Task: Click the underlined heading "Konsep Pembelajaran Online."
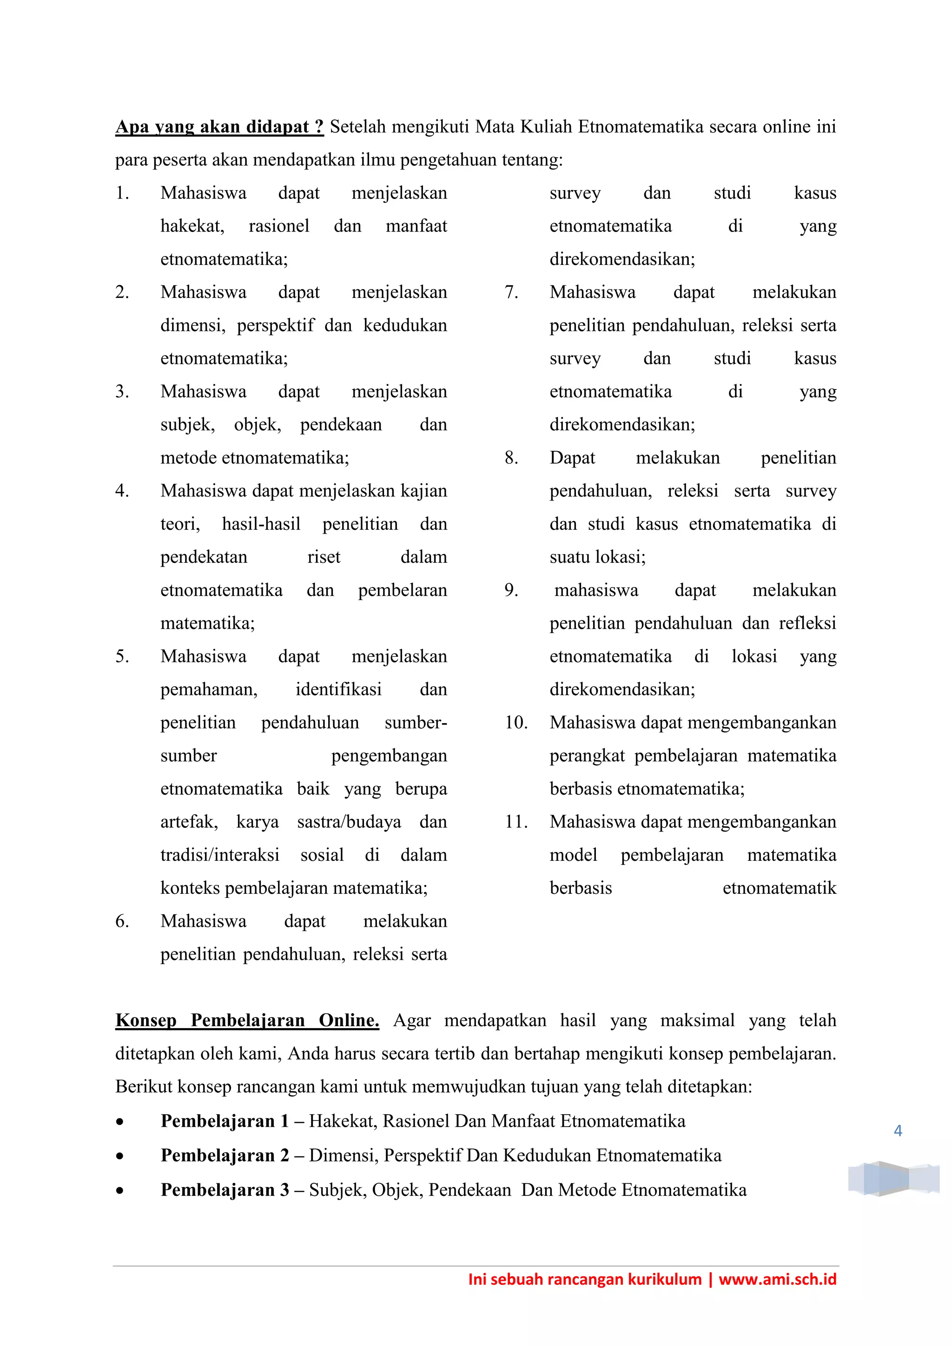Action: tap(247, 1020)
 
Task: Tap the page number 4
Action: tap(898, 1131)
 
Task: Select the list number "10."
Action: tap(516, 722)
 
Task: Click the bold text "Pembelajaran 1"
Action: tap(225, 1121)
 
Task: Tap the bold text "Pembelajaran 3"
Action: tap(225, 1189)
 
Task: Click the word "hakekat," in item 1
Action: tap(192, 226)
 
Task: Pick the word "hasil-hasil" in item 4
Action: tap(261, 524)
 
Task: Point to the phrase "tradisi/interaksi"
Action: tap(220, 855)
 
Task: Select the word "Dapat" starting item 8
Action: tap(572, 458)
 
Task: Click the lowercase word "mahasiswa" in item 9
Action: tap(596, 590)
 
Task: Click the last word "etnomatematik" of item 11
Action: tap(779, 888)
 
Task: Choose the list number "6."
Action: tap(122, 921)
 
